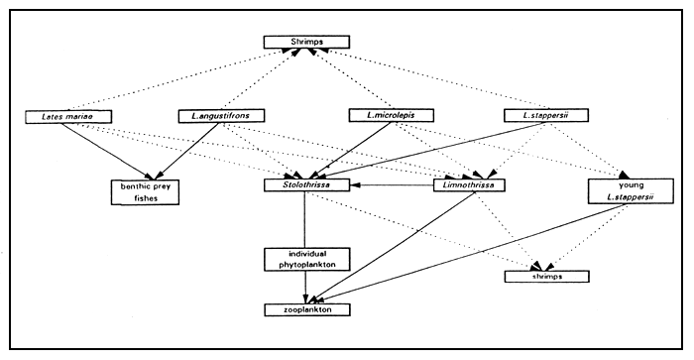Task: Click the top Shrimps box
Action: coord(306,43)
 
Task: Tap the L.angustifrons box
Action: coord(220,117)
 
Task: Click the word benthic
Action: coord(138,185)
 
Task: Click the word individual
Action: coord(305,254)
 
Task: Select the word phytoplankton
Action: coord(305,266)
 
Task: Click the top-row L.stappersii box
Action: coord(543,117)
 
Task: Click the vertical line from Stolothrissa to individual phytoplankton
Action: coord(305,219)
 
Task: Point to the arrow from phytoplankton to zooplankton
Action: coord(305,289)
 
